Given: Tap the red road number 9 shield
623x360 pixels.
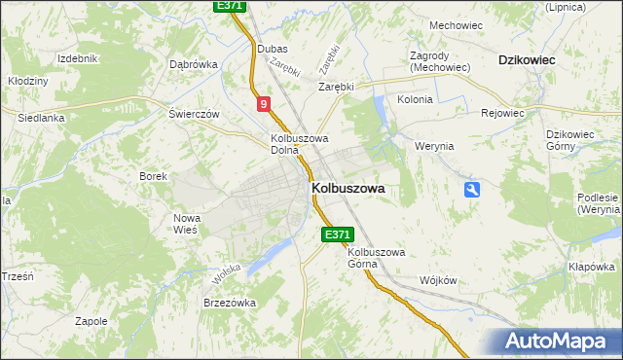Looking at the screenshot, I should tap(264, 102).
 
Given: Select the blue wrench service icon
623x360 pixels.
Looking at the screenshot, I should tap(472, 190).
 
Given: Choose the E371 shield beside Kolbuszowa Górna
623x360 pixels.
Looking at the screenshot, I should tap(336, 234).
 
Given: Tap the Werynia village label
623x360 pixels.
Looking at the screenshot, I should tap(434, 146).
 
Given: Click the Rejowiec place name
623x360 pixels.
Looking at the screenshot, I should tap(502, 112).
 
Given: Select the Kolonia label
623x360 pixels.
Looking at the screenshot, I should tap(415, 99).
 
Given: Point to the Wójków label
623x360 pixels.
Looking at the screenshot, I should tap(438, 280).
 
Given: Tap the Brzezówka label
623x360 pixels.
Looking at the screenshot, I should tap(230, 303).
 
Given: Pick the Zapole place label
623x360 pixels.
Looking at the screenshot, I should tap(91, 320).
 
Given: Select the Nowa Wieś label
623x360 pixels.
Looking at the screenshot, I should tap(185, 224).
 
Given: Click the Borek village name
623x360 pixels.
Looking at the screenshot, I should tap(154, 176).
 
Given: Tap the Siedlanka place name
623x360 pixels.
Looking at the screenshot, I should tap(41, 118).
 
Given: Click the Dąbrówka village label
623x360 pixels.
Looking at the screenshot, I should tap(193, 64).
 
